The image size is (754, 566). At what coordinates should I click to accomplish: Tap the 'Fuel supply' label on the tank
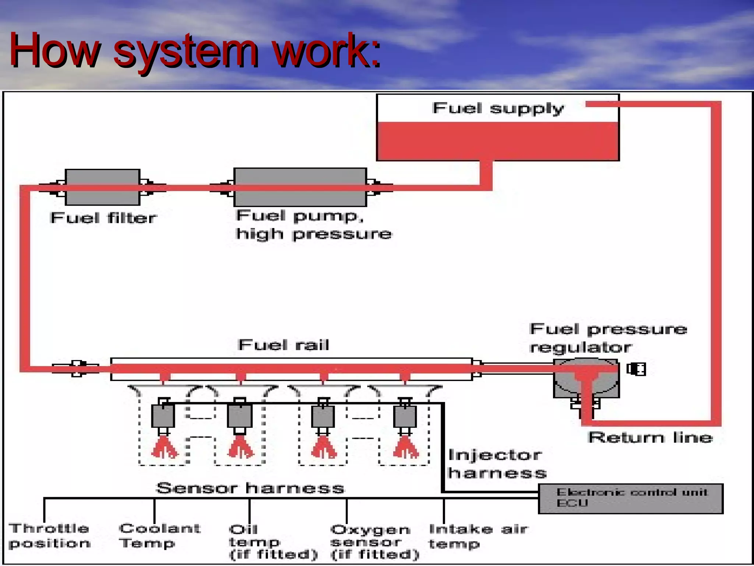(498, 108)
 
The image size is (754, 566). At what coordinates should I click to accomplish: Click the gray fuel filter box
(102, 187)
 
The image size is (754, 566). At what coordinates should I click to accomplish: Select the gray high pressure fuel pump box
(300, 187)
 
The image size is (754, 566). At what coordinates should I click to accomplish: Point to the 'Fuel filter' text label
(103, 218)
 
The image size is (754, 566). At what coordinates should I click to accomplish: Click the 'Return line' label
(650, 437)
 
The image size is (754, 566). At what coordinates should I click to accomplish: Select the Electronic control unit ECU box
(631, 499)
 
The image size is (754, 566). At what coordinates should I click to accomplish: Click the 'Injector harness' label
(497, 464)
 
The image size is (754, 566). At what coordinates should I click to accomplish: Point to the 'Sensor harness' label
(250, 488)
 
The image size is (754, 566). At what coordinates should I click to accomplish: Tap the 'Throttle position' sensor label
(49, 536)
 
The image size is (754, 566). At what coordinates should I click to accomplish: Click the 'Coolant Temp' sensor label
(159, 535)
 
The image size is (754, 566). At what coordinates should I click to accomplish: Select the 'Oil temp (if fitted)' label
(272, 542)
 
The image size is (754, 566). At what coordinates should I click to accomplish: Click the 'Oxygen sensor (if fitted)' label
(374, 542)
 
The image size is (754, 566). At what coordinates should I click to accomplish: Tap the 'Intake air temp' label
(478, 536)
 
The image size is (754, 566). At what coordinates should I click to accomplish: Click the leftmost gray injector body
(163, 416)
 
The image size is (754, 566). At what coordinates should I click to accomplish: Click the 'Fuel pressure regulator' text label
(607, 338)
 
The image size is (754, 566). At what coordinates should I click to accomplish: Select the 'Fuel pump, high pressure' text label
(314, 224)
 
